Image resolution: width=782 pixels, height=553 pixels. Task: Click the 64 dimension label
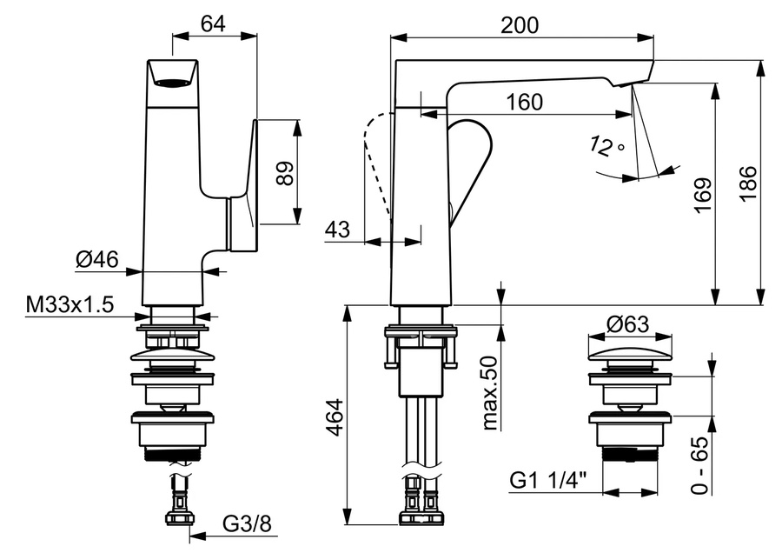[213, 23]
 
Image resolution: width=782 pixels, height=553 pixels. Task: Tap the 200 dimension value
[520, 25]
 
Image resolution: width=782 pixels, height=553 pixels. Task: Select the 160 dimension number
[525, 102]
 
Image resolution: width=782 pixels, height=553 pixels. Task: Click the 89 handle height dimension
[286, 173]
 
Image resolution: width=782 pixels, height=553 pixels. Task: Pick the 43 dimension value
[338, 230]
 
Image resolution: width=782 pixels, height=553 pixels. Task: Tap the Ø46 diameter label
[97, 259]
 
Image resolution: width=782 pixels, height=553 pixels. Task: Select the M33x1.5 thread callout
[70, 304]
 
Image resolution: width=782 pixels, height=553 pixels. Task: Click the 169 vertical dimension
[703, 195]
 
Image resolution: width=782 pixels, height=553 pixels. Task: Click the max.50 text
[490, 393]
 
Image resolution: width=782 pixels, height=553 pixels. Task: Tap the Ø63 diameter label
[628, 324]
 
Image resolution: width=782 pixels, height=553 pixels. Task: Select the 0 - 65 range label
[700, 465]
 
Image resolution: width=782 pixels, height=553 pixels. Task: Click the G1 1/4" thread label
[548, 481]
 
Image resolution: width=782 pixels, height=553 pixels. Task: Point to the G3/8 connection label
[247, 523]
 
